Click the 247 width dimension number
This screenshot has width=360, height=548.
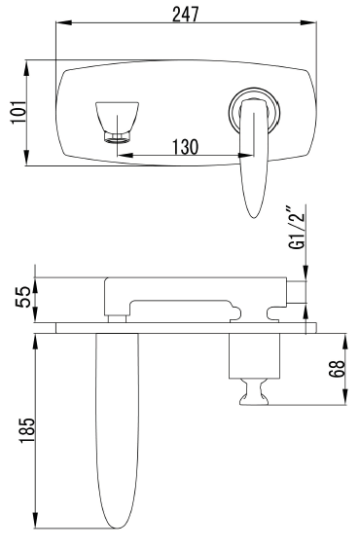[186, 15]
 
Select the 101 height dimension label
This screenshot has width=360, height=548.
[18, 112]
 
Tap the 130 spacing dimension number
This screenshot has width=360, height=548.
[185, 147]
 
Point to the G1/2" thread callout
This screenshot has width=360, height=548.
[297, 228]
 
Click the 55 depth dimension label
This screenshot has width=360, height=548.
[23, 297]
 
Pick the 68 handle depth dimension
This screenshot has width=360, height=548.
[337, 369]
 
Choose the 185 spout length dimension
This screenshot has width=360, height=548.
[27, 431]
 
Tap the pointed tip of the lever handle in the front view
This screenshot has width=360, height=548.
[254, 217]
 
